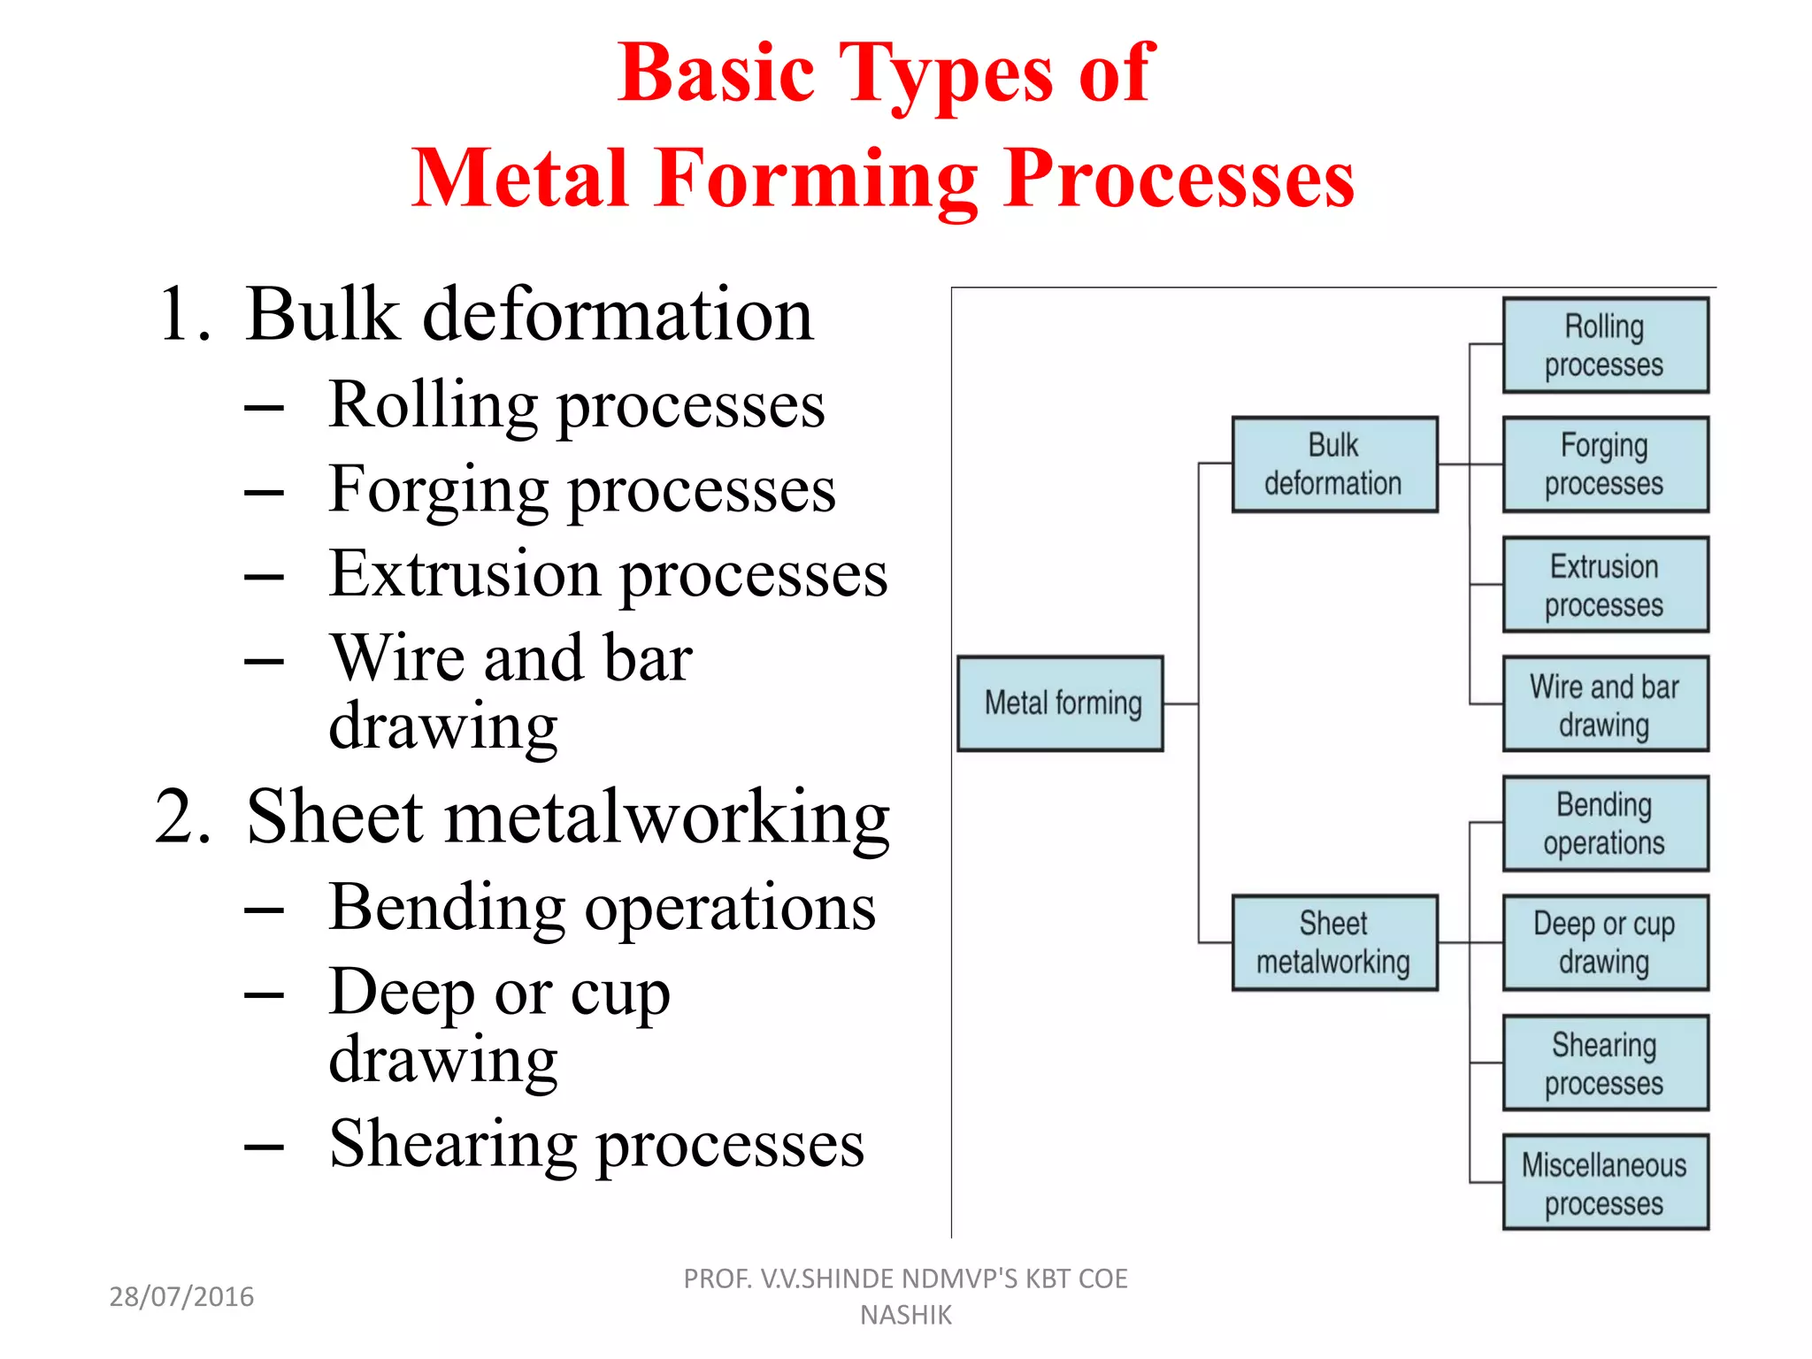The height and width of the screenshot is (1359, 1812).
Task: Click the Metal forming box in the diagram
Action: click(x=1060, y=703)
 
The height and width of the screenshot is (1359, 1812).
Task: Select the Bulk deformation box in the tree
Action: click(x=1334, y=465)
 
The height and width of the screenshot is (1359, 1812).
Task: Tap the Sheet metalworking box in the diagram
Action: click(x=1334, y=942)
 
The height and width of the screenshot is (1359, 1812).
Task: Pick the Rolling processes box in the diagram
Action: click(x=1605, y=345)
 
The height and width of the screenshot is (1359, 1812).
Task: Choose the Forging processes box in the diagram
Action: click(x=1605, y=465)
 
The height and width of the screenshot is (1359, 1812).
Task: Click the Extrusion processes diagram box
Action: click(x=1605, y=584)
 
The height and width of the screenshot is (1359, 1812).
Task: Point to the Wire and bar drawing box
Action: click(x=1605, y=704)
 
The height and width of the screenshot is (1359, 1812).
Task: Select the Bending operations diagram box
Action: click(x=1605, y=824)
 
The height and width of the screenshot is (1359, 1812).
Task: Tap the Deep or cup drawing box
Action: click(x=1605, y=942)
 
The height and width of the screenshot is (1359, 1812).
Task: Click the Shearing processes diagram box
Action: click(x=1605, y=1063)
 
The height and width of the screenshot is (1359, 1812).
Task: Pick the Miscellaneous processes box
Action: click(x=1605, y=1182)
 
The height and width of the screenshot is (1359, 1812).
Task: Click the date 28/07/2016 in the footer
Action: click(x=181, y=1296)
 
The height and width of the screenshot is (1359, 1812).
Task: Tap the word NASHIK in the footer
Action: click(x=905, y=1316)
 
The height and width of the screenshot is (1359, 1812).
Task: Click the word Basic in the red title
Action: click(x=715, y=73)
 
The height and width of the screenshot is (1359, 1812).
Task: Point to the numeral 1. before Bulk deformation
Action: click(x=184, y=315)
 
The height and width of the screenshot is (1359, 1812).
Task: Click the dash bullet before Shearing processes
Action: click(x=265, y=1147)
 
